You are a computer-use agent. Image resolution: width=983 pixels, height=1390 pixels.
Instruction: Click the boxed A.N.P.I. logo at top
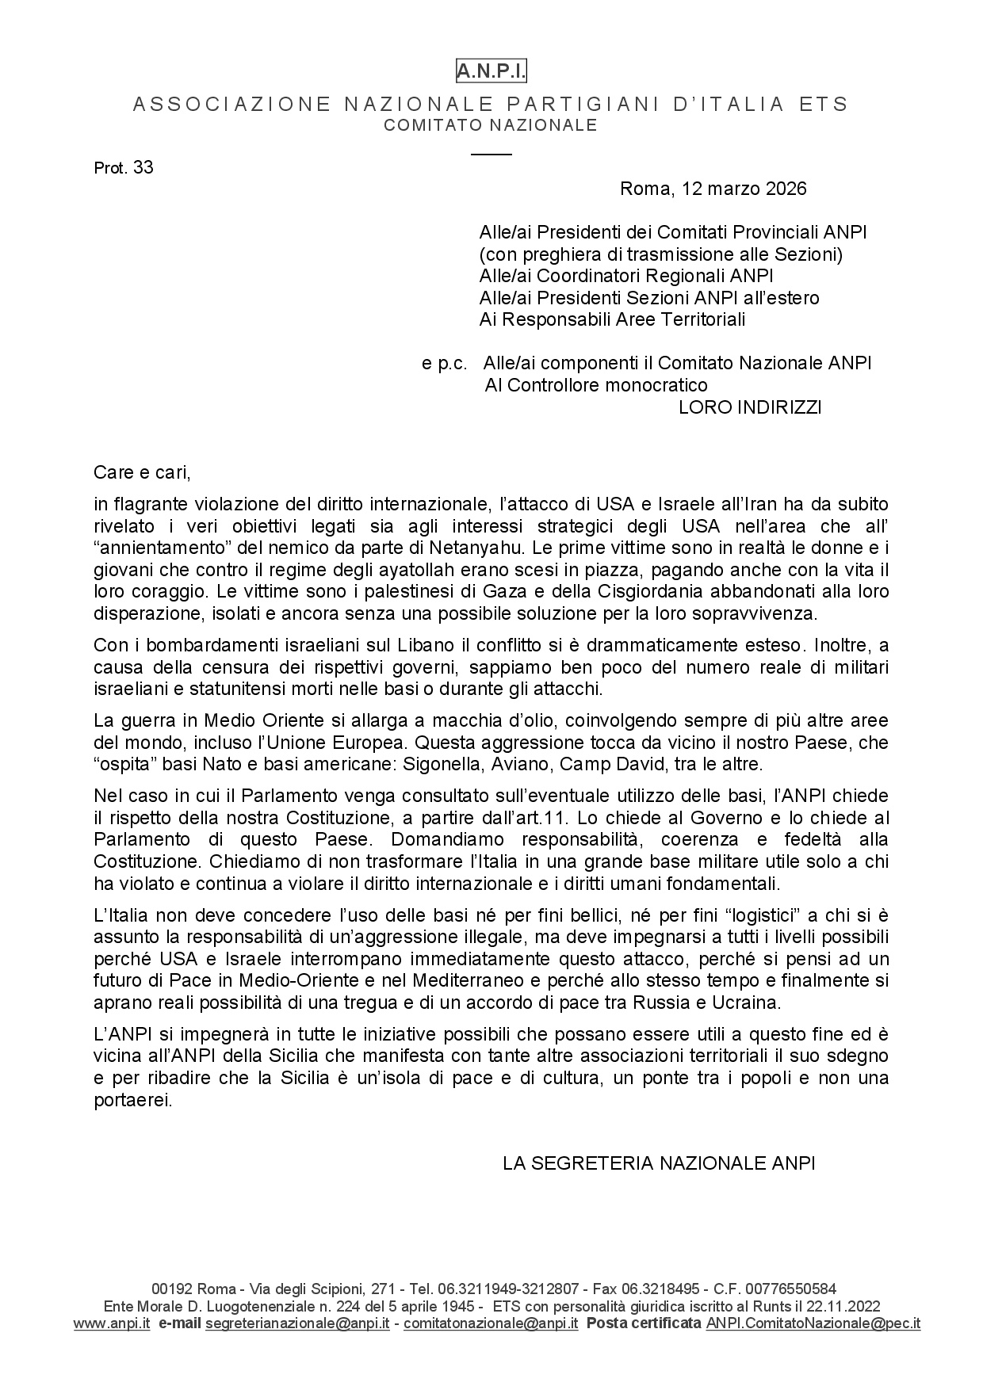pos(491,72)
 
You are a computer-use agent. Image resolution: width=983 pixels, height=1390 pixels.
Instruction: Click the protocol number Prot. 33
pos(124,168)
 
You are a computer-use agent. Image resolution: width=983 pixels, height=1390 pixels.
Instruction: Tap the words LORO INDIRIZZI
pos(750,407)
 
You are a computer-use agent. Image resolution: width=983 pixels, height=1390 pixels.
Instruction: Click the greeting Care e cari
pos(143,473)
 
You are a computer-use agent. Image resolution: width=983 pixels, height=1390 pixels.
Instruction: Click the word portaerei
pos(132,1101)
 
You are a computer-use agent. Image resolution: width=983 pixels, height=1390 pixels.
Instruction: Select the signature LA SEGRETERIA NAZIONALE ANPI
pos(659,1163)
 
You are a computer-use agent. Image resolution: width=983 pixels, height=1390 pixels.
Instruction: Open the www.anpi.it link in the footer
pos(112,1323)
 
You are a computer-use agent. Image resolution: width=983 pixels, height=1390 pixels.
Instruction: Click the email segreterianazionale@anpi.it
pos(297,1323)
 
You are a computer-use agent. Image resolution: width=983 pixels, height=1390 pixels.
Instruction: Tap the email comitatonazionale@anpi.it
pos(491,1323)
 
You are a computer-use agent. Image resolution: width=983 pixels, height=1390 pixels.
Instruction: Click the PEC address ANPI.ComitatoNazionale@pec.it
pos(813,1323)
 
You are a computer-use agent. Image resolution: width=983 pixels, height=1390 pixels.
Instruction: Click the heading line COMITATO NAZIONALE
pos(491,125)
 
